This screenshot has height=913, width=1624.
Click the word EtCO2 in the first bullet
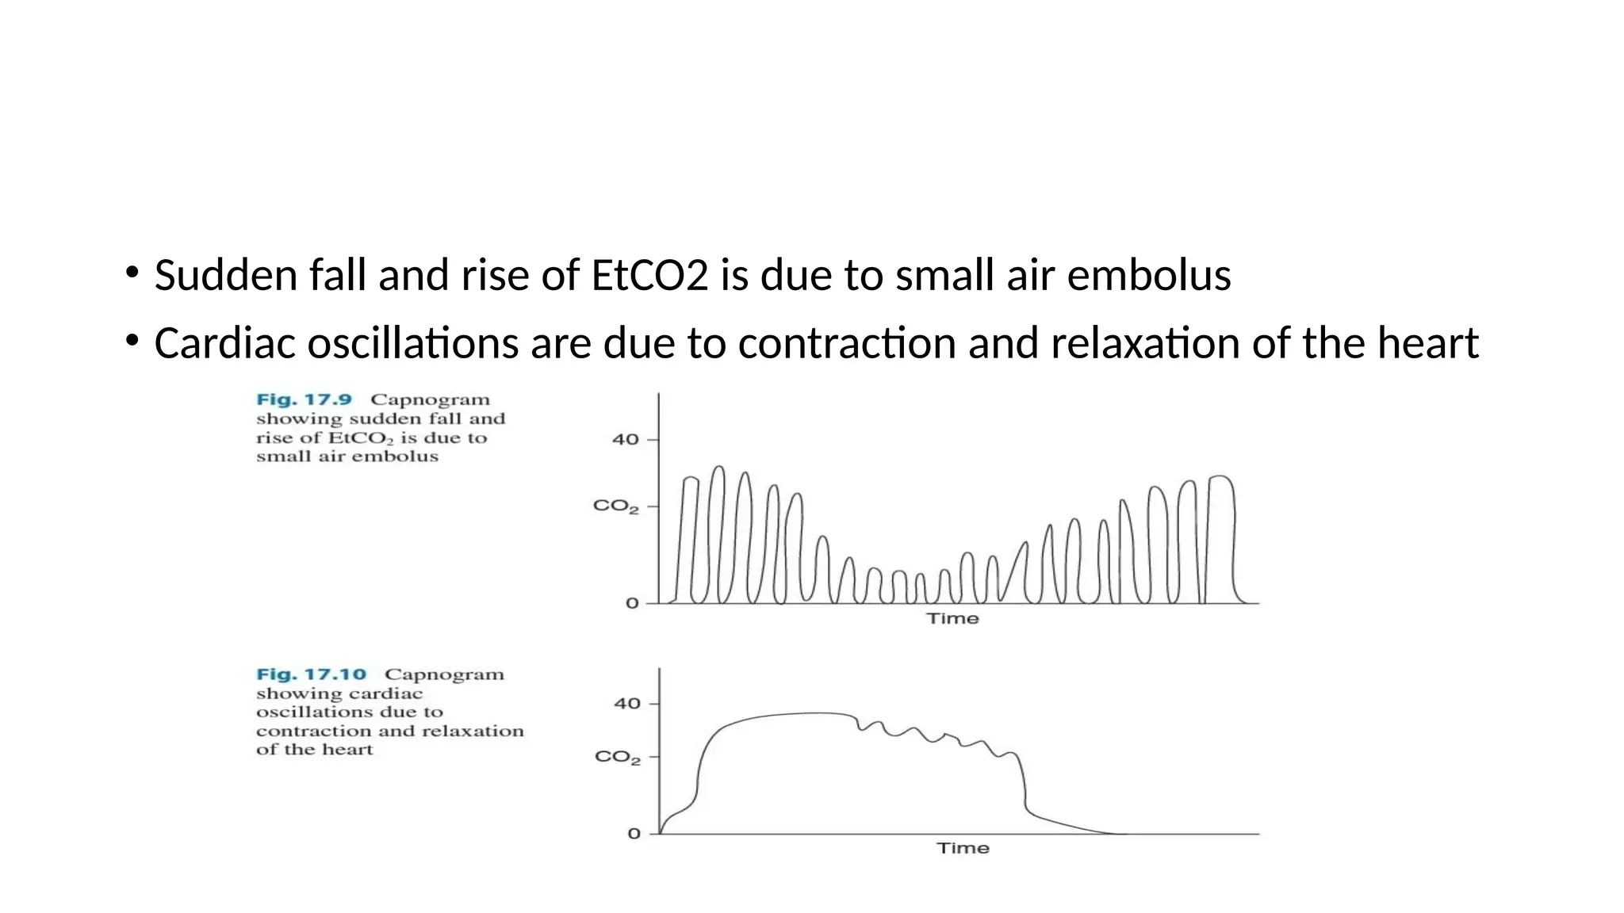(x=649, y=276)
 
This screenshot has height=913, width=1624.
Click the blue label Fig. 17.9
(x=304, y=400)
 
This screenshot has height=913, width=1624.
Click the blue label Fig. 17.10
(x=311, y=674)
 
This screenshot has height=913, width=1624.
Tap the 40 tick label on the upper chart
(x=625, y=440)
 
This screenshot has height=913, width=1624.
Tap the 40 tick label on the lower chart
(x=626, y=704)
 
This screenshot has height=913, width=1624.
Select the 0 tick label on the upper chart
(x=632, y=604)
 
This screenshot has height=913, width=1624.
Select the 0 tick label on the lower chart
(x=634, y=834)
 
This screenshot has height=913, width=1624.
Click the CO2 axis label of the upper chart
(x=615, y=506)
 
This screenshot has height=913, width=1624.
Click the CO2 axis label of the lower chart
(x=617, y=758)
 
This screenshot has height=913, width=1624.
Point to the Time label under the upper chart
(x=952, y=619)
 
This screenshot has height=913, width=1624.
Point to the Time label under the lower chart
(x=963, y=848)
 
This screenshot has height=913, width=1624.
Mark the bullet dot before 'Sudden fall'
(x=132, y=274)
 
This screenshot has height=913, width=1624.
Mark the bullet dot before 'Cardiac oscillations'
(x=132, y=342)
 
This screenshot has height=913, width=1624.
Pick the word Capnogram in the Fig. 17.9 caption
(x=430, y=400)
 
